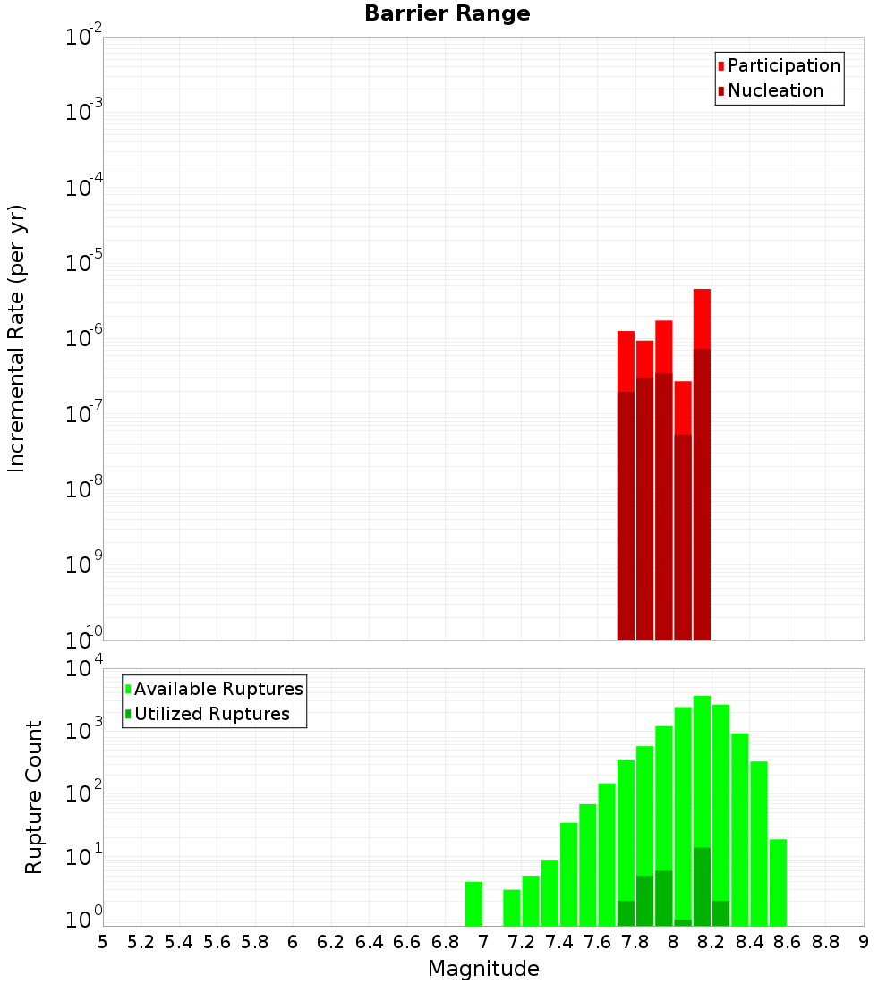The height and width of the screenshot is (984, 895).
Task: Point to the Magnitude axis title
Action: [x=483, y=969]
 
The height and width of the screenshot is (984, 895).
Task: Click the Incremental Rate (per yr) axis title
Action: [x=17, y=338]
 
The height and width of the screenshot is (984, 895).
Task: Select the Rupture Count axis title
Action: [x=34, y=797]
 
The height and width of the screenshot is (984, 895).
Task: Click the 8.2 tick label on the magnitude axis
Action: [x=712, y=941]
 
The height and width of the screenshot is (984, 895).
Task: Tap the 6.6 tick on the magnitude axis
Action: [x=407, y=941]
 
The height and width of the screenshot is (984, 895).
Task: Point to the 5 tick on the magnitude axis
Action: [x=103, y=941]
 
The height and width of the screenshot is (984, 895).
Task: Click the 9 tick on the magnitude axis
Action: [x=864, y=941]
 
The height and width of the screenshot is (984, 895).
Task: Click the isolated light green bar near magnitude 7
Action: [x=473, y=903]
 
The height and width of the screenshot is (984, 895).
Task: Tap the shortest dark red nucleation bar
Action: [x=683, y=537]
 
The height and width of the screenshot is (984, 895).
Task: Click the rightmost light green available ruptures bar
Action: [x=778, y=882]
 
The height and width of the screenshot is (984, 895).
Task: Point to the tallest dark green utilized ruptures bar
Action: [x=702, y=886]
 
